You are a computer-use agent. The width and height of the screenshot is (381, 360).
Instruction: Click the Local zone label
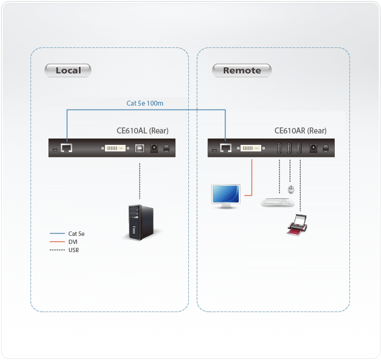click(x=68, y=70)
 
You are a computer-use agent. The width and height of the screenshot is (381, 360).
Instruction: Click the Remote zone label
click(x=242, y=70)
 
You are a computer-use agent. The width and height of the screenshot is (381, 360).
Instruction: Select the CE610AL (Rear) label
click(x=143, y=131)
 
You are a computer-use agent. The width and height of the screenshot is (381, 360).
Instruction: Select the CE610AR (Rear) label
click(x=300, y=131)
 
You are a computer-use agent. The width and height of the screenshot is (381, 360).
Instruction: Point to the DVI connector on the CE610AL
click(x=114, y=148)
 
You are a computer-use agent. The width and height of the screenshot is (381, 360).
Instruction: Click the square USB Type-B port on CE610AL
click(x=140, y=148)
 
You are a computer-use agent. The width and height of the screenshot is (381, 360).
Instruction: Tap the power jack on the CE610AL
click(x=154, y=148)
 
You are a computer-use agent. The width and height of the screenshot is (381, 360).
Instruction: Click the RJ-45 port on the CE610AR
click(x=226, y=148)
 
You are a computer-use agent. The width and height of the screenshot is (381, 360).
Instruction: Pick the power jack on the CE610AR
click(x=314, y=148)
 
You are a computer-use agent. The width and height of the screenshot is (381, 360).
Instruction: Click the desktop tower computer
click(x=136, y=222)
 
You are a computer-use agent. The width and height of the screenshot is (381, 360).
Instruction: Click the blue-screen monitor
click(x=225, y=196)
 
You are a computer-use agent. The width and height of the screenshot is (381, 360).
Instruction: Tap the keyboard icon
click(x=278, y=202)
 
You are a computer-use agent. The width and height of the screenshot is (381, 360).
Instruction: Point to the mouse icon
click(x=291, y=190)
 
